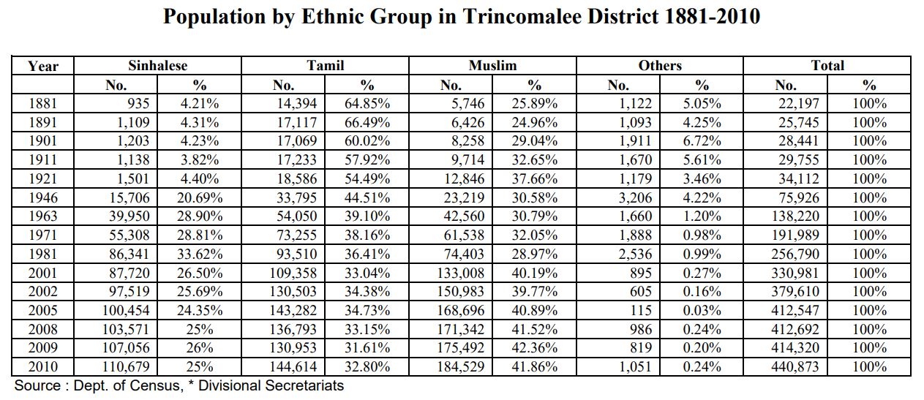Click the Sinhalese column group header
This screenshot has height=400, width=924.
157,66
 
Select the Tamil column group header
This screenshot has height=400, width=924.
325,66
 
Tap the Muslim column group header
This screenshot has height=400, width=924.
492,66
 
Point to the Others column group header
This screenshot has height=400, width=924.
659,66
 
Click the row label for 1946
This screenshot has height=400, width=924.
42,197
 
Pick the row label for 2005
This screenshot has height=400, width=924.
42,310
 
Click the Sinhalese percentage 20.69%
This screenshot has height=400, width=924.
200,197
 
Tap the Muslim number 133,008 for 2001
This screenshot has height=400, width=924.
459,273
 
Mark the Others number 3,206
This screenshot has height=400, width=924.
631,197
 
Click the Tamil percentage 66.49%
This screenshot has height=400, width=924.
367,123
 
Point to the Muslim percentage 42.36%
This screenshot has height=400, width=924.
534,348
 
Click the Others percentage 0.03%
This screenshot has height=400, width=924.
702,310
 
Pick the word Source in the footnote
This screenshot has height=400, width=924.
37,385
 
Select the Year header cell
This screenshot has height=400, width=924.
42,66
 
